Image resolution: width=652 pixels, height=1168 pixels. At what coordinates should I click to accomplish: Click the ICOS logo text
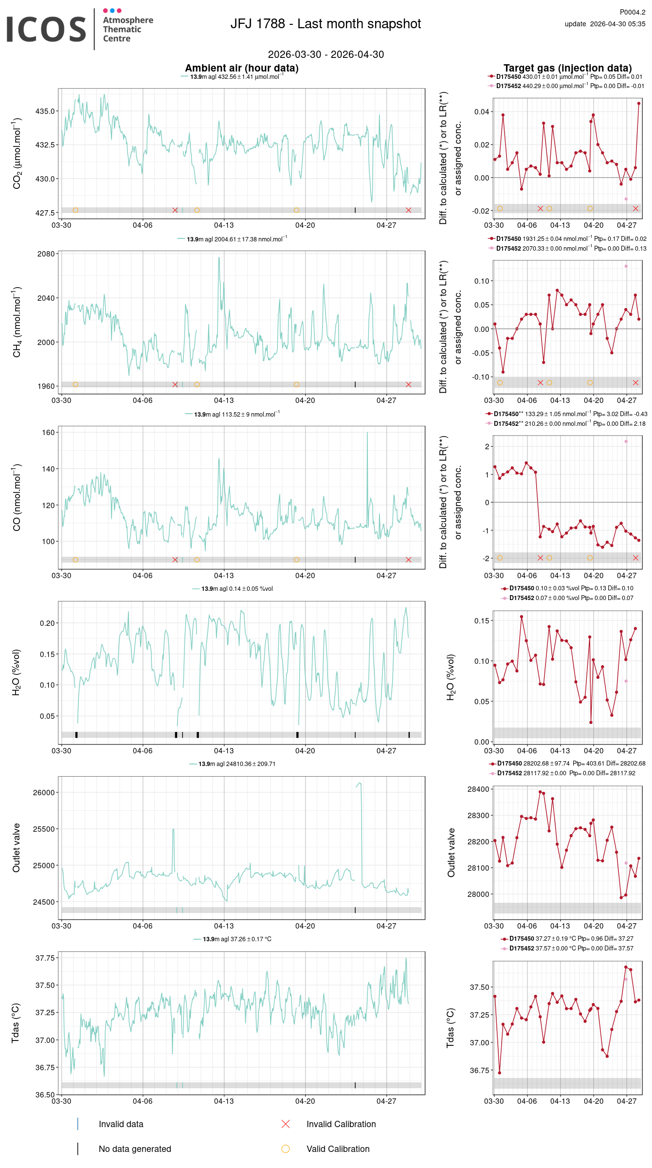click(46, 29)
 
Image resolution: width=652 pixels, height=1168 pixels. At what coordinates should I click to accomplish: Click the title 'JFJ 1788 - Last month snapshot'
click(326, 24)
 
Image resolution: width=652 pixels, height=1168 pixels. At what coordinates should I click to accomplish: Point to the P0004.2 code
click(632, 12)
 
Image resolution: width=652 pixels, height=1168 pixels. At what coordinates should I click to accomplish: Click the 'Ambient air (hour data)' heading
click(241, 68)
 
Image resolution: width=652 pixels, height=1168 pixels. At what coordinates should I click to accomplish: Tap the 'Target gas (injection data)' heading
click(567, 68)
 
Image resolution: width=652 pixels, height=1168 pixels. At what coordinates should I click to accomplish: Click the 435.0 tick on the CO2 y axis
click(45, 111)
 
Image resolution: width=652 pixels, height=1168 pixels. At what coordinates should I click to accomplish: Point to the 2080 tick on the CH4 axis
click(46, 254)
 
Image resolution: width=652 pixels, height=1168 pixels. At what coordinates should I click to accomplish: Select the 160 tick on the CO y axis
click(48, 432)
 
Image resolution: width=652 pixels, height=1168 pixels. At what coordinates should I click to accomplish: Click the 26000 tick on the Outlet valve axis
click(44, 792)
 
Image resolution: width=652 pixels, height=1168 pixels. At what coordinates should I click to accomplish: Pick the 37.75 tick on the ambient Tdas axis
click(45, 958)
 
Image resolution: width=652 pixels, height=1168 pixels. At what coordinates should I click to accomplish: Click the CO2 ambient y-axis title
click(17, 153)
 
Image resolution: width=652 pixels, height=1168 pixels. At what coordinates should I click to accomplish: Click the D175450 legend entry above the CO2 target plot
click(508, 77)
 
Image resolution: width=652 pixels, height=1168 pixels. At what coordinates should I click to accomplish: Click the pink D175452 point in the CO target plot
click(626, 441)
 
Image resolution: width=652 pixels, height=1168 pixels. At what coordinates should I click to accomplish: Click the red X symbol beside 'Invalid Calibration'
click(286, 1124)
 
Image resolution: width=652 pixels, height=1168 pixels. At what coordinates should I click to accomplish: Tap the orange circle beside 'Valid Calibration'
click(286, 1149)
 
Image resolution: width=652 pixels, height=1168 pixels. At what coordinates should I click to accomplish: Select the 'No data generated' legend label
click(135, 1149)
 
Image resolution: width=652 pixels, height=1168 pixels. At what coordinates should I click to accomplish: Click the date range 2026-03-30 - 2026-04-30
click(326, 55)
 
